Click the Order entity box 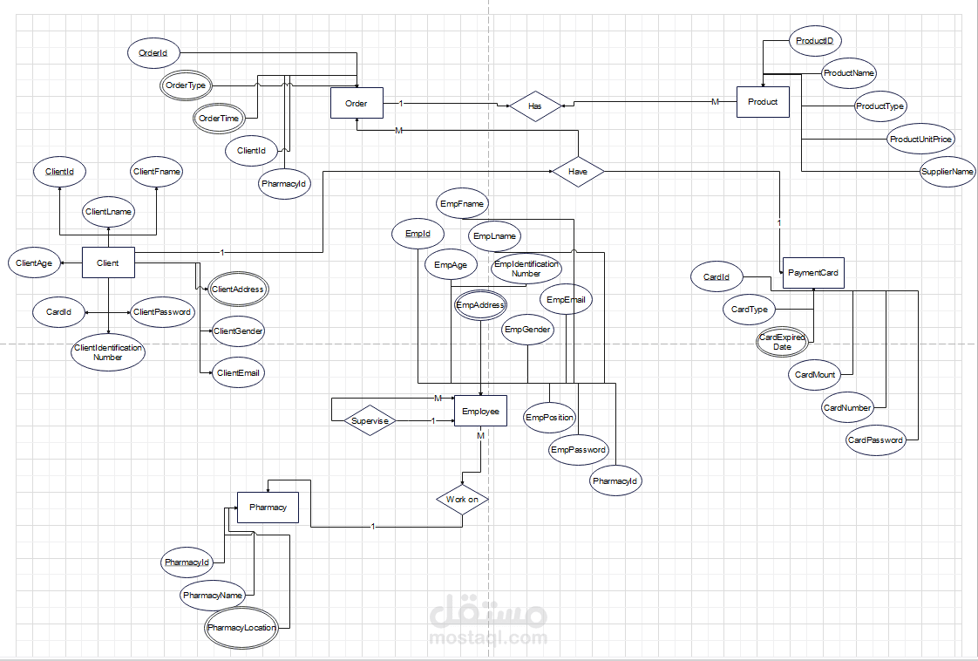(357, 104)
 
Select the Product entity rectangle (763, 102)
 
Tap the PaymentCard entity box (813, 273)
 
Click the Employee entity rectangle (480, 412)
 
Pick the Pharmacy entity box (268, 507)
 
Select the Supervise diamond (370, 421)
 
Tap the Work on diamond (462, 500)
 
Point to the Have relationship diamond (578, 172)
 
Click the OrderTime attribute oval (219, 119)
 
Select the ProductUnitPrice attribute (920, 139)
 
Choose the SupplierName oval (947, 172)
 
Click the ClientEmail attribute (239, 372)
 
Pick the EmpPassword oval (578, 450)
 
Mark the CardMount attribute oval (816, 375)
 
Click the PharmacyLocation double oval (241, 628)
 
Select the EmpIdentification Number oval (526, 269)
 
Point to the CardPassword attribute (875, 440)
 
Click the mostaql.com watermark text (488, 637)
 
